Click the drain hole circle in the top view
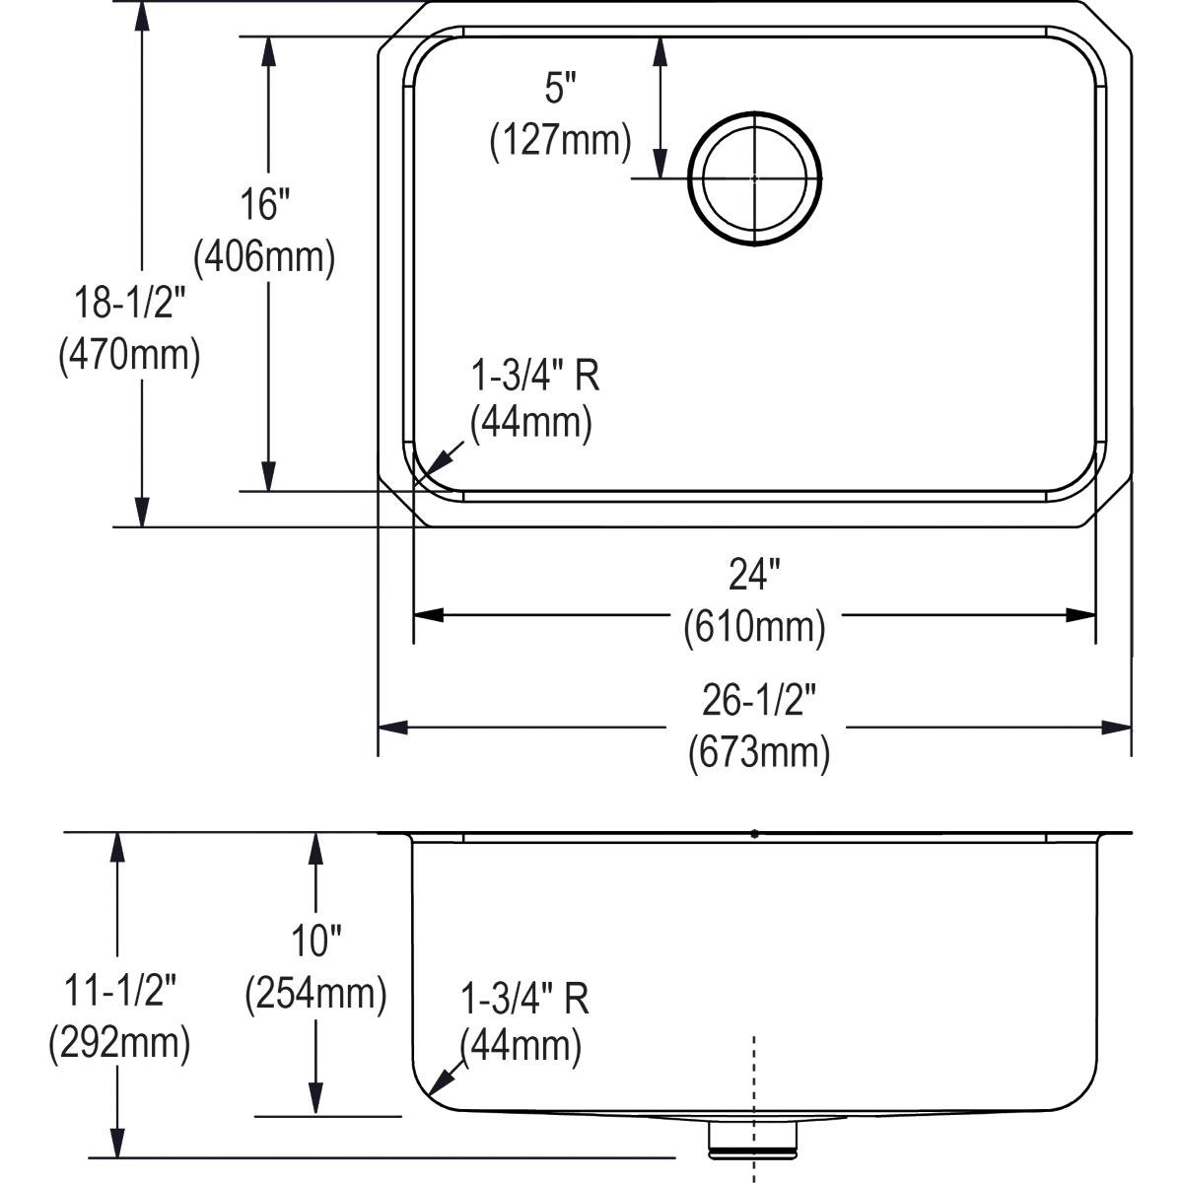pos(755,178)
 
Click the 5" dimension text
pos(559,90)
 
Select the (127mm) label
pos(560,141)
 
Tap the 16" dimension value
pos(266,205)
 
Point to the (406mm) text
pos(265,257)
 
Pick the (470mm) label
pos(129,355)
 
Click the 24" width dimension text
pos(754,575)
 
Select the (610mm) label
pos(754,626)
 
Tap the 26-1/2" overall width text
pos(759,701)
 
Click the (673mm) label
pos(758,753)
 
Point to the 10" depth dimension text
pos(315,941)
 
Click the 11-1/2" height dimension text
pos(118,991)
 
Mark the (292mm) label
pos(119,1043)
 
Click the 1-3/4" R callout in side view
pos(525,999)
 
